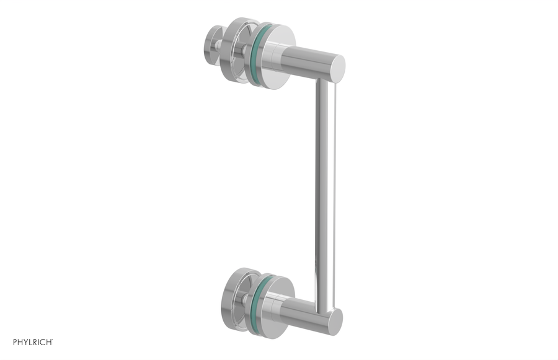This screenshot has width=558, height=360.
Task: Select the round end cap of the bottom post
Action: coord(335,320)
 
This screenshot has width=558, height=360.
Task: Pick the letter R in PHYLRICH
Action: coord(36,342)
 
